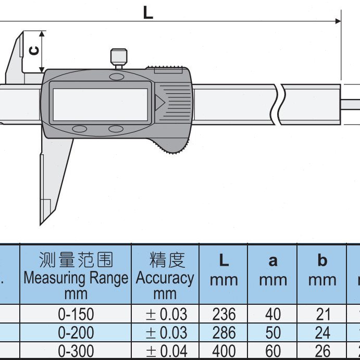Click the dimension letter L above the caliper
coord(148,13)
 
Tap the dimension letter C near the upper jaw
coord(34,51)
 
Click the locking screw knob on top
coord(119,57)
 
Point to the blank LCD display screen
coord(101,105)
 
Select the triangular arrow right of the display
coord(159,103)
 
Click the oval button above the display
coord(117,77)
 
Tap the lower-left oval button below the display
coord(79,129)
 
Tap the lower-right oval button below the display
coord(116,129)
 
